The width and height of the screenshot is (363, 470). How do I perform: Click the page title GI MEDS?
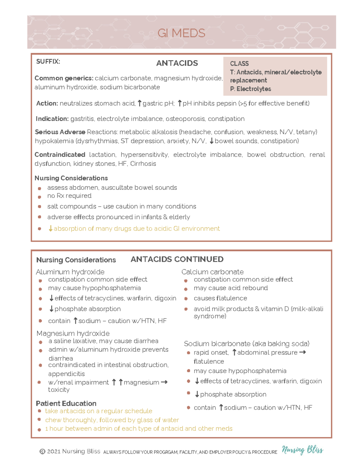[181, 33]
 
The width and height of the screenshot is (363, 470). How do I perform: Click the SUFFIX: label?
[48, 62]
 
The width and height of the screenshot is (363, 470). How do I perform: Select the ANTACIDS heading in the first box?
[177, 63]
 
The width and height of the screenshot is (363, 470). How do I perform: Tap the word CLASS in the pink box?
[239, 64]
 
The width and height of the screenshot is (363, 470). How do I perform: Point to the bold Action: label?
[47, 104]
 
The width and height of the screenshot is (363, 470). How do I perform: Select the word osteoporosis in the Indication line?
[185, 119]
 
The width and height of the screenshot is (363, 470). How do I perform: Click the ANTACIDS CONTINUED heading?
[177, 259]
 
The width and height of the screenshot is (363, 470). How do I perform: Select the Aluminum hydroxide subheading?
[70, 272]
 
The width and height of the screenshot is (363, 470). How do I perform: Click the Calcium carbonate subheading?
[212, 272]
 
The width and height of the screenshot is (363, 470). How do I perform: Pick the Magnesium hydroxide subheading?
[73, 333]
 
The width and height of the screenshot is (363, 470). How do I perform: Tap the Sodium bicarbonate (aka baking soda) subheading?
[247, 344]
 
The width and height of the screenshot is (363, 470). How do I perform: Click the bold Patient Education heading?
[66, 403]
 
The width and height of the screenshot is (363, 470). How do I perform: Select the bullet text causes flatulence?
[220, 298]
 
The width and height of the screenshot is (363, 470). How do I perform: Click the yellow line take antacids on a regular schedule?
[99, 411]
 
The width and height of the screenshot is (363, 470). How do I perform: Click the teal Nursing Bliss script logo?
[302, 450]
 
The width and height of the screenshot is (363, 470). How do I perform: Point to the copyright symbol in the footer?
[42, 452]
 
